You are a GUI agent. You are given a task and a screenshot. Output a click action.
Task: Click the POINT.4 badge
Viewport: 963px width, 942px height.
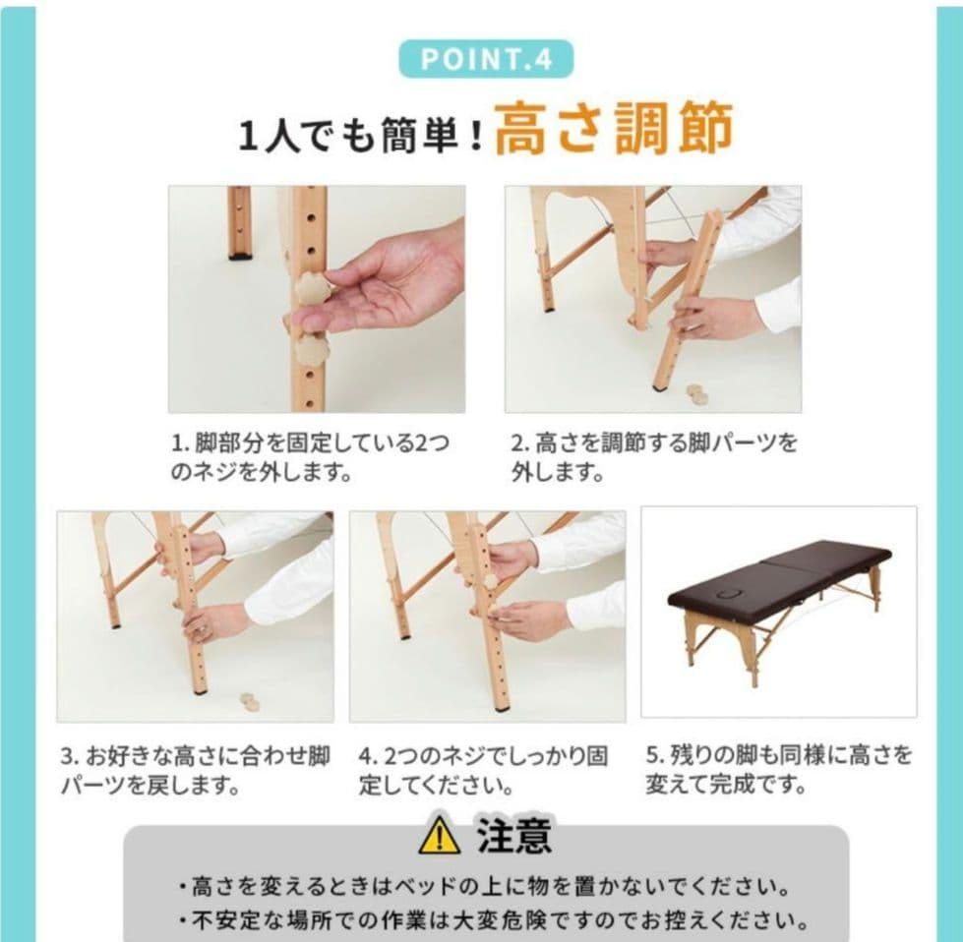coord(485,59)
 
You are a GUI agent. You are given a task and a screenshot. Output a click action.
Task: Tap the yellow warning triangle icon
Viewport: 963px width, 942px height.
coord(439,836)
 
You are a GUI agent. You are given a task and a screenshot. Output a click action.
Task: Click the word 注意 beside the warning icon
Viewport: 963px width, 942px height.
coord(513,836)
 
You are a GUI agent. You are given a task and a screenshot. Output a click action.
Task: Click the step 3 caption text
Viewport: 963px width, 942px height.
coord(195,771)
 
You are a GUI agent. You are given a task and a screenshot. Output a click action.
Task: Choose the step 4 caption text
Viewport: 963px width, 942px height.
coord(484,771)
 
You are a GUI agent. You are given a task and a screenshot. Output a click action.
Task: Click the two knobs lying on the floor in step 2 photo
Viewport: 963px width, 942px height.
coord(697,393)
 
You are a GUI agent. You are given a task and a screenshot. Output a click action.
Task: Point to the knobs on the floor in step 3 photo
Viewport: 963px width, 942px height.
coord(250,702)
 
